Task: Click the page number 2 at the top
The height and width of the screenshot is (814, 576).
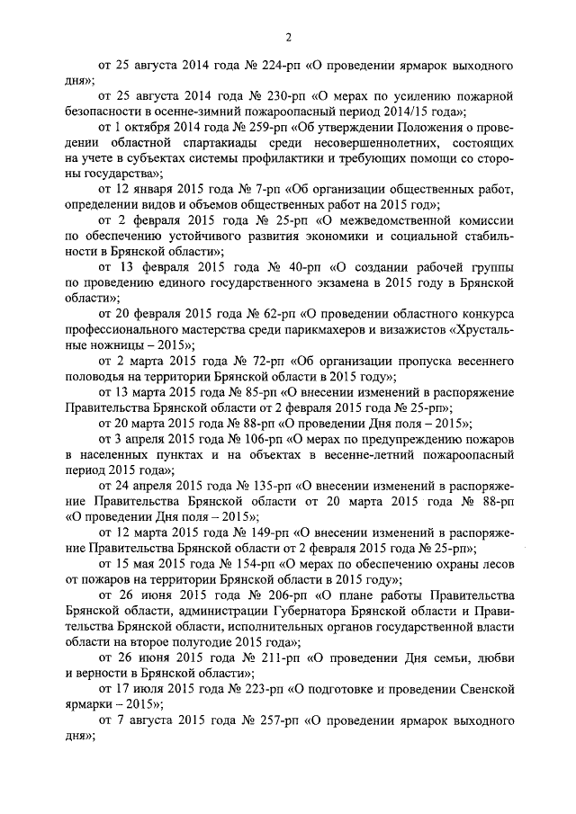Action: [288, 36]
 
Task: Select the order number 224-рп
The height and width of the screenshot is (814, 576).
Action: [276, 66]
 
